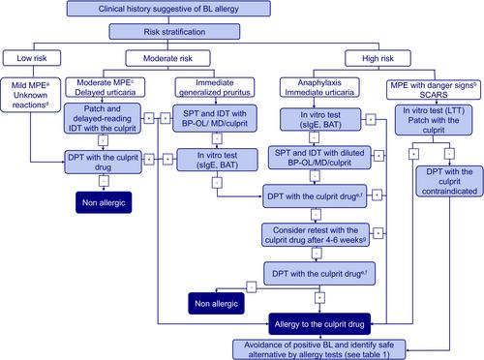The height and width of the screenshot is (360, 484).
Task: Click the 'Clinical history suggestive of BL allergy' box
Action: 168,9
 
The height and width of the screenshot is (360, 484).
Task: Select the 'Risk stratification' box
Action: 174,32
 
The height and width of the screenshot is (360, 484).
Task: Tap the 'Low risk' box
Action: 32,58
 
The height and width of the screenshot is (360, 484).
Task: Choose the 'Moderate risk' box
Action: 167,58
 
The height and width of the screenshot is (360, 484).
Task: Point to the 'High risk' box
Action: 378,58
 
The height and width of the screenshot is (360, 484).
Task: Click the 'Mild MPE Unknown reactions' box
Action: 31,95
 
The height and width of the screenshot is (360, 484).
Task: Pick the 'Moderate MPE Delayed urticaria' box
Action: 106,87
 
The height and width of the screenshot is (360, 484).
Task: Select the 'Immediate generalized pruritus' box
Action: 215,87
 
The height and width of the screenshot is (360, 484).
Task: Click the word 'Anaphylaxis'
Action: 319,82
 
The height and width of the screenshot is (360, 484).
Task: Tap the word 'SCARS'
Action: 434,95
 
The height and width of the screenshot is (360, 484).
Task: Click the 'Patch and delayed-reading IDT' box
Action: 103,118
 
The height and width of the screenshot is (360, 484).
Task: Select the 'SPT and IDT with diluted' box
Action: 319,158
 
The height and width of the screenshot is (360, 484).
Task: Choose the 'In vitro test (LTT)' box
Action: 434,120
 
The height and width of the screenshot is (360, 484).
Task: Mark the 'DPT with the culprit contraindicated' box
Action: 449,181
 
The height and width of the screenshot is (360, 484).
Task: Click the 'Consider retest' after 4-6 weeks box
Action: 316,235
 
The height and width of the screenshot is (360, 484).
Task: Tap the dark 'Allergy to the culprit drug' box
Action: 319,324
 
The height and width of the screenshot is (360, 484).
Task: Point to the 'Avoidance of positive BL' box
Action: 318,349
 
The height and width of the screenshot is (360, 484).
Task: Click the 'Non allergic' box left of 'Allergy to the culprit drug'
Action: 216,303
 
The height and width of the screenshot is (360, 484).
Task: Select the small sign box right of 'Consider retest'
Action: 378,233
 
